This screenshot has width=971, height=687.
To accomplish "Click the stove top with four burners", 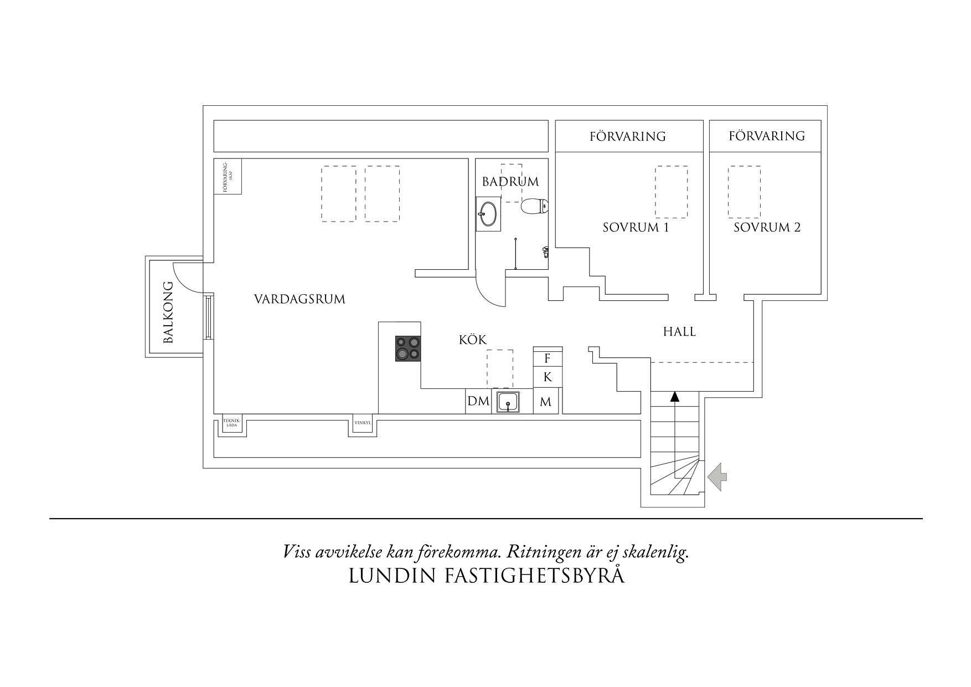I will click(408, 349).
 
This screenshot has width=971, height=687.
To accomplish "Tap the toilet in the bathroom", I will click(534, 207).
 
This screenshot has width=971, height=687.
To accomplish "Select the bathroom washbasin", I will click(488, 214).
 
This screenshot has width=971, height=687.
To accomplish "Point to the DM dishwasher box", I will click(478, 401).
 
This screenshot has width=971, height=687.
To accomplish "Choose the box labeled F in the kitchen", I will click(548, 358).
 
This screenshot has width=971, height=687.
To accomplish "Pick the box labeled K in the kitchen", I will click(548, 377).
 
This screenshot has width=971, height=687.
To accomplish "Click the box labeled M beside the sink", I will click(546, 402).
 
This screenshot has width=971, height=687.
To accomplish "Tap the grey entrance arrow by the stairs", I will click(717, 477).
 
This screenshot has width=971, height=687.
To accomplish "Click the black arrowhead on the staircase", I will click(674, 396).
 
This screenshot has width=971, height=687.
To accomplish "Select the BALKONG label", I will click(169, 312).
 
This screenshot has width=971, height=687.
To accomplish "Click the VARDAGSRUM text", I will click(299, 300).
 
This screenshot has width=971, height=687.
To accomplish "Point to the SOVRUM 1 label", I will click(636, 228).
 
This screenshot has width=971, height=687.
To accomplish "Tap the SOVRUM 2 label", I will click(767, 228).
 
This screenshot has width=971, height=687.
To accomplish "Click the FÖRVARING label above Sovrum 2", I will click(766, 136).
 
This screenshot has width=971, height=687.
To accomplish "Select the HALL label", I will click(679, 332).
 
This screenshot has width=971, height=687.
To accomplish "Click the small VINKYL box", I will click(362, 423).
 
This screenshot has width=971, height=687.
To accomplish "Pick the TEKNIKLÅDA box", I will click(231, 424).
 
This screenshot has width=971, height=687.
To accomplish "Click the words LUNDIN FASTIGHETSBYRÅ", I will click(487, 576).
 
